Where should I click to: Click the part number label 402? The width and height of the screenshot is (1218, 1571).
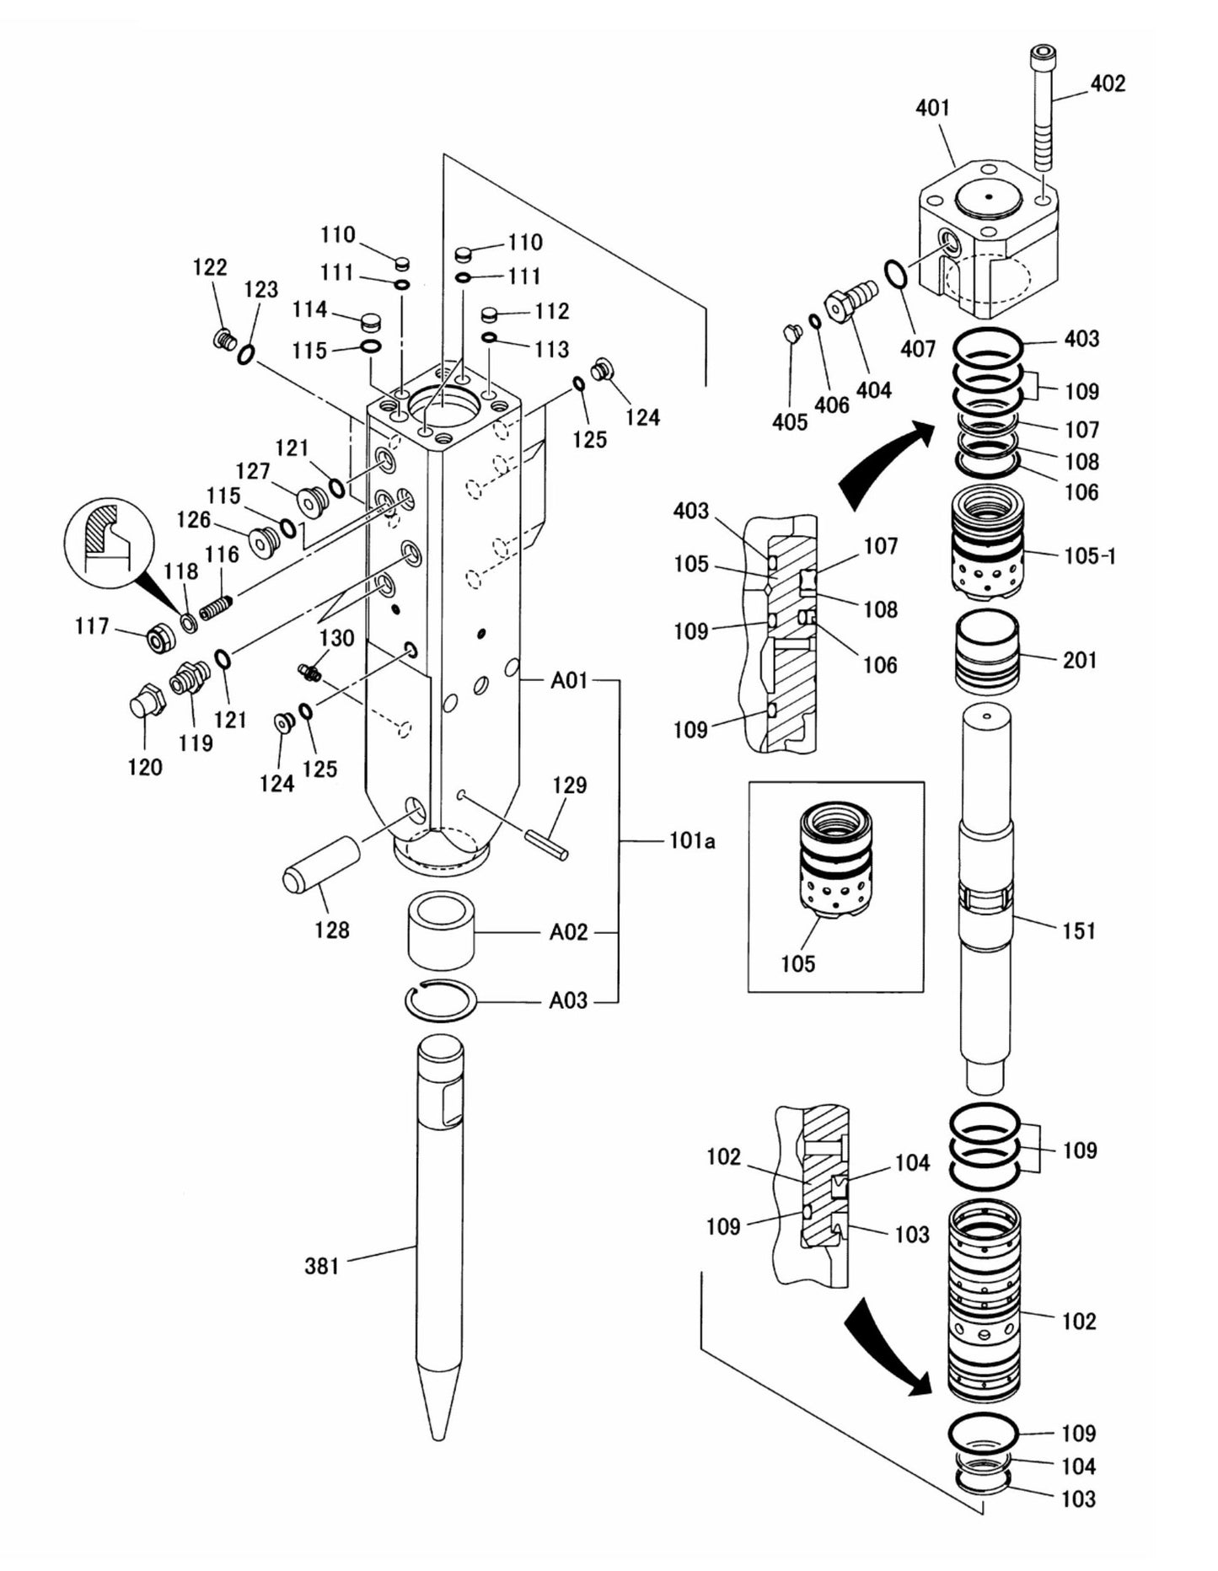click(1108, 83)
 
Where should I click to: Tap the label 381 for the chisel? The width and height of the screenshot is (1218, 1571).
click(321, 1265)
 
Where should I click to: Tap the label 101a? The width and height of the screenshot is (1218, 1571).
click(692, 840)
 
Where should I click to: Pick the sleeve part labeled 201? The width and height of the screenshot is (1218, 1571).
click(986, 651)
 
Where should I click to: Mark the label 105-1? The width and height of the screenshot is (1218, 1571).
click(1090, 555)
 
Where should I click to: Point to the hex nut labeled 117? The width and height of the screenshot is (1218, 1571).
click(159, 641)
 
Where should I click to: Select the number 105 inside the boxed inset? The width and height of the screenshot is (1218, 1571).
click(797, 962)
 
